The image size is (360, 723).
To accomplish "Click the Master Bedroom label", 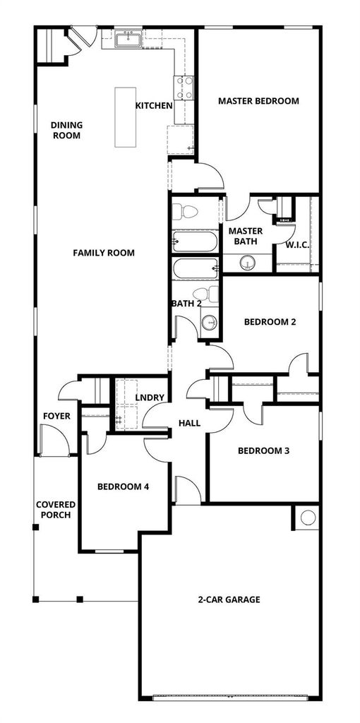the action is tap(258, 100).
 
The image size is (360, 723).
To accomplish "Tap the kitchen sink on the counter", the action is tap(128, 39).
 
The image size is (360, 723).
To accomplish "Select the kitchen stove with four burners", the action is tap(184, 88).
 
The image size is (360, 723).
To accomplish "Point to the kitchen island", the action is tap(126, 117).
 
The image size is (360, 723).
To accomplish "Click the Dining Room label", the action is tap(66, 130).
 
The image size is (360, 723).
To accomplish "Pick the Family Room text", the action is tap(104, 253).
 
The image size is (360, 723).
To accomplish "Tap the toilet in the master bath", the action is tap(185, 212).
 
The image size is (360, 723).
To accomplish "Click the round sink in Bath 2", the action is tap(210, 321).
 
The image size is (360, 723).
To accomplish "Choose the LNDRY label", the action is tap(150, 398).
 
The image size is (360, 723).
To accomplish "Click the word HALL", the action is tap(189, 422).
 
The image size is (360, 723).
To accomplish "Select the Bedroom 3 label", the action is tap(264, 450).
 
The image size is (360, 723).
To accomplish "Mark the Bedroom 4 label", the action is tap(123, 486).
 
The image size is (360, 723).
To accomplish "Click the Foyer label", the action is tap(56, 416).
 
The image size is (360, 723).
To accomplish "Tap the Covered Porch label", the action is tap(56, 510).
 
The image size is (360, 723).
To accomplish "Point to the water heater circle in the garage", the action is tap(308, 518).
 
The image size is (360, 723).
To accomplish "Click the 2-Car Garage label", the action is tap(229, 599).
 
